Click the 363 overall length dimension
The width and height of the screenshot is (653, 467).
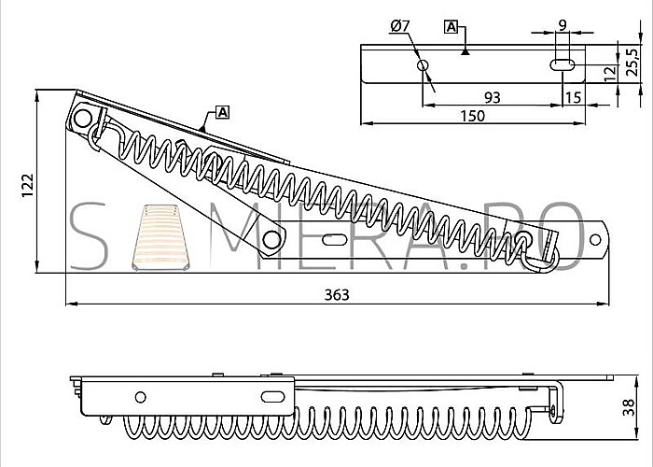pos(337,295)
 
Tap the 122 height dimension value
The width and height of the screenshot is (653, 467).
pos(27,186)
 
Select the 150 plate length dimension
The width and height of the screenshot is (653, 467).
pos(473,116)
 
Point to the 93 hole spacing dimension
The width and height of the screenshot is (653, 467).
pos(493,97)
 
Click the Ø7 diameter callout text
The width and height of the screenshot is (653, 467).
pos(400,26)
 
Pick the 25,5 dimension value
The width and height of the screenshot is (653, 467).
pos(632,63)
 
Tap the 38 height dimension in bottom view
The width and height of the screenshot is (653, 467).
pos(629,407)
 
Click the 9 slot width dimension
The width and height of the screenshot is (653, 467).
pos(563,25)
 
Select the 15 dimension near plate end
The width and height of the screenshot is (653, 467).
pos(573,97)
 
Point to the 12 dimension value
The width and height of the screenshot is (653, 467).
pos(610,74)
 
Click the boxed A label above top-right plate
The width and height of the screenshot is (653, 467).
pos(451,27)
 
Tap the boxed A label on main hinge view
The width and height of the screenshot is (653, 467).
pos(223,112)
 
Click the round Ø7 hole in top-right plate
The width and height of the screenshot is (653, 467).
pos(424,65)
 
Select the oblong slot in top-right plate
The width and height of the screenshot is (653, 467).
pos(563,65)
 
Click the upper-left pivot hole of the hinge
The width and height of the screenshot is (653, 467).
pos(83,119)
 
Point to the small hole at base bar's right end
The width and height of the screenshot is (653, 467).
pos(595,240)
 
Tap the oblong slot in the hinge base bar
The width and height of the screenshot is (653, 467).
pos(334,240)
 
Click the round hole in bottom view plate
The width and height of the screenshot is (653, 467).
pos(140,397)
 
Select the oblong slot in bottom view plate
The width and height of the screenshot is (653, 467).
pos(272,397)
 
